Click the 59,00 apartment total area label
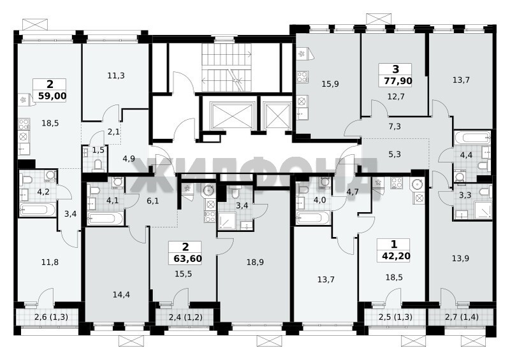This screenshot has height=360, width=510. click(52, 96)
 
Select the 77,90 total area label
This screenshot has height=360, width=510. click(398, 81)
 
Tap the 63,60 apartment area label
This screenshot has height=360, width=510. click(187, 259)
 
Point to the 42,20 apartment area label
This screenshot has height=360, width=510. click(396, 256)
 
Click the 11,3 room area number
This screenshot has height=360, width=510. click(116, 76)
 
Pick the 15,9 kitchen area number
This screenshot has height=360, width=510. click(330, 84)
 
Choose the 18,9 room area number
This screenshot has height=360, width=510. click(255, 262)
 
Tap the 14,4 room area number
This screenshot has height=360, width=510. click(121, 294)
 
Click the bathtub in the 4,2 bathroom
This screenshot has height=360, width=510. click(38, 210)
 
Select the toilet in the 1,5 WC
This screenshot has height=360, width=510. click(98, 166)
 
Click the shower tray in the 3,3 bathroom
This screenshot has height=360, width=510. click(483, 210)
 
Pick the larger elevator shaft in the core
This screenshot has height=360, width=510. click(231, 115)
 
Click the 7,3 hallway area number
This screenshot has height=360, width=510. click(395, 127)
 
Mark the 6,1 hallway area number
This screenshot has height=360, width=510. click(153, 201)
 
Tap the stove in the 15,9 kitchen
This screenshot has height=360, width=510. click(302, 77)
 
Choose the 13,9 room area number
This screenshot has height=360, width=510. click(460, 259)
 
